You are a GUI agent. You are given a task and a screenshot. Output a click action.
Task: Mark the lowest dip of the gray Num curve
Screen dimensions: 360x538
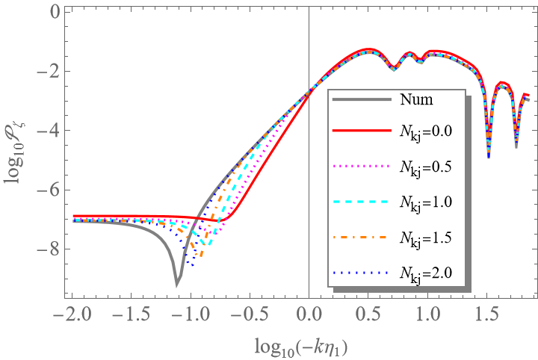tap(177, 284)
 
